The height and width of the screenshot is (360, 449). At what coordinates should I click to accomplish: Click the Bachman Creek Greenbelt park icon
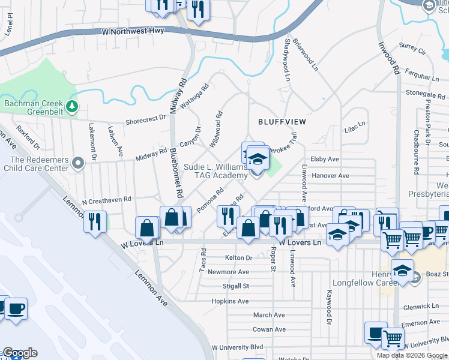73,107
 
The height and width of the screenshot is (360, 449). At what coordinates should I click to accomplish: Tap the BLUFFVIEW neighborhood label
282,122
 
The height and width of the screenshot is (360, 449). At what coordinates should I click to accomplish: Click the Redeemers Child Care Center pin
77,163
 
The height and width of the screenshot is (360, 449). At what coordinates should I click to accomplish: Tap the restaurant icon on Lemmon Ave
95,221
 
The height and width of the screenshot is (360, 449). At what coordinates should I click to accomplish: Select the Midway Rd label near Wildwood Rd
151,154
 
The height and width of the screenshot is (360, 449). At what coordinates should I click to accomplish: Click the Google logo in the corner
19,353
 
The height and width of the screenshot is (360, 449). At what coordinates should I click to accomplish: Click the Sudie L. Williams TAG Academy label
208,170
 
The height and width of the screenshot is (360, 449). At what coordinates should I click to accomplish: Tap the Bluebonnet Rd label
175,173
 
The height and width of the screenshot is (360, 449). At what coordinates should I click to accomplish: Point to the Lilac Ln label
354,127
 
